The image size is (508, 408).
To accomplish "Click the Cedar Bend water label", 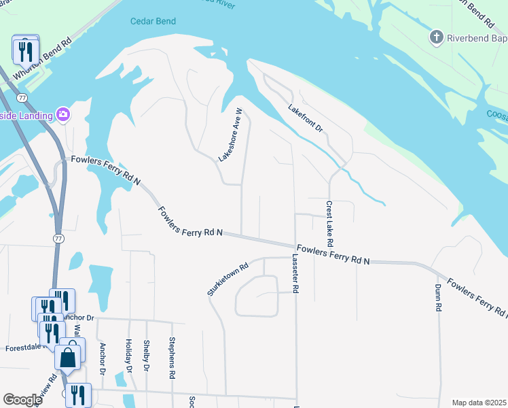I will pyautogui.click(x=153, y=22).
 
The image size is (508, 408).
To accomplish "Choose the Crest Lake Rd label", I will pyautogui.click(x=329, y=224).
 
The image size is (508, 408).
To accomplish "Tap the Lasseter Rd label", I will pyautogui.click(x=295, y=273).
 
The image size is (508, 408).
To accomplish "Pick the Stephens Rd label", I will pyautogui.click(x=173, y=358).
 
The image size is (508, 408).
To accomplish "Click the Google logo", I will pyautogui.click(x=22, y=399).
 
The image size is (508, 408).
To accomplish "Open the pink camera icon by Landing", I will pyautogui.click(x=63, y=114).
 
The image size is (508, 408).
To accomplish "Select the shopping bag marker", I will pyautogui.click(x=69, y=356).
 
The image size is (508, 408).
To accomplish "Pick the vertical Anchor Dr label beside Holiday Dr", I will pyautogui.click(x=103, y=358).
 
